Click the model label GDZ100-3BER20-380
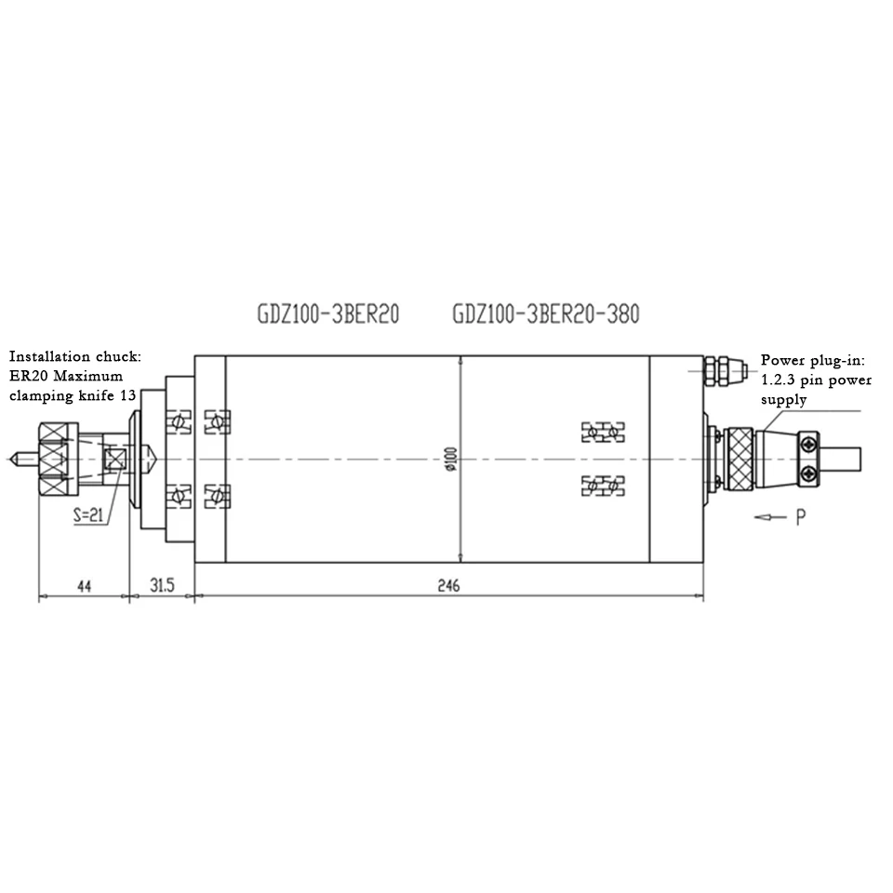click(546, 313)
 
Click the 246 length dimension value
click(448, 585)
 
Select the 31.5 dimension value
click(162, 585)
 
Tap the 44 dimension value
click(85, 586)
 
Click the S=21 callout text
click(89, 514)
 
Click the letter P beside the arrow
click(801, 517)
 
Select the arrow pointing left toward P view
click(770, 517)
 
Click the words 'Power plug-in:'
click(813, 361)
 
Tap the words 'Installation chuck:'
click(75, 356)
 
